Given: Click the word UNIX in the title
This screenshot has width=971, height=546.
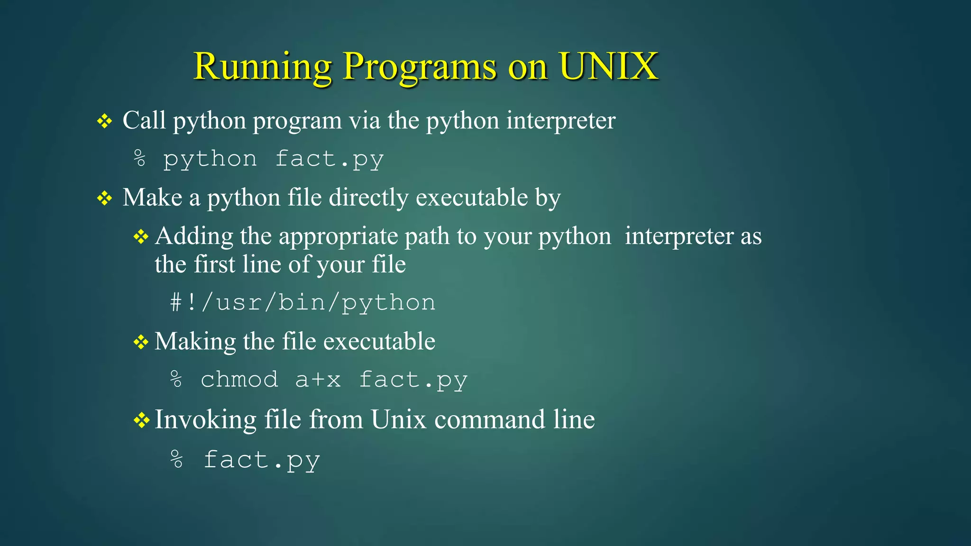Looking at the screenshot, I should (x=608, y=66).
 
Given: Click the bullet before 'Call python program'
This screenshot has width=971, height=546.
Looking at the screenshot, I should (x=104, y=121).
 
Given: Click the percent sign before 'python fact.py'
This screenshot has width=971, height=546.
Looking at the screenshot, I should (x=139, y=158).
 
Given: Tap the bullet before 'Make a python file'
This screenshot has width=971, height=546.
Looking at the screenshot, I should (x=104, y=198).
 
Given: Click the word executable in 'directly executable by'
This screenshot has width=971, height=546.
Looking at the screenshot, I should (x=472, y=198).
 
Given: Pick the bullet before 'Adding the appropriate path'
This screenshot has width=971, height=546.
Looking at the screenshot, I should (x=141, y=237).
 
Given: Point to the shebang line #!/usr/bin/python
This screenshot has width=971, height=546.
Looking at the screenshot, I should (x=302, y=302).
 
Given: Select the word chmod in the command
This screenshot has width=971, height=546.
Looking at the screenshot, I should (x=239, y=380).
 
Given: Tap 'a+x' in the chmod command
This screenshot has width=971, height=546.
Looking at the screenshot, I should (x=318, y=380).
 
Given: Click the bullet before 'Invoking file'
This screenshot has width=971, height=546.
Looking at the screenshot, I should (x=141, y=420).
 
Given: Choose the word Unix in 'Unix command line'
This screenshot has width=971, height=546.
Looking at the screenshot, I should (x=398, y=419).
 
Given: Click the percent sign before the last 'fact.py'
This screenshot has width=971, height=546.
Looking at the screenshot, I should (x=176, y=459).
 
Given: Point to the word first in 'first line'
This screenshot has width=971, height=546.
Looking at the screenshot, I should (x=214, y=264).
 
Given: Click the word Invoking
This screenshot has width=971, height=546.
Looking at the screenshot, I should (x=205, y=420).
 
